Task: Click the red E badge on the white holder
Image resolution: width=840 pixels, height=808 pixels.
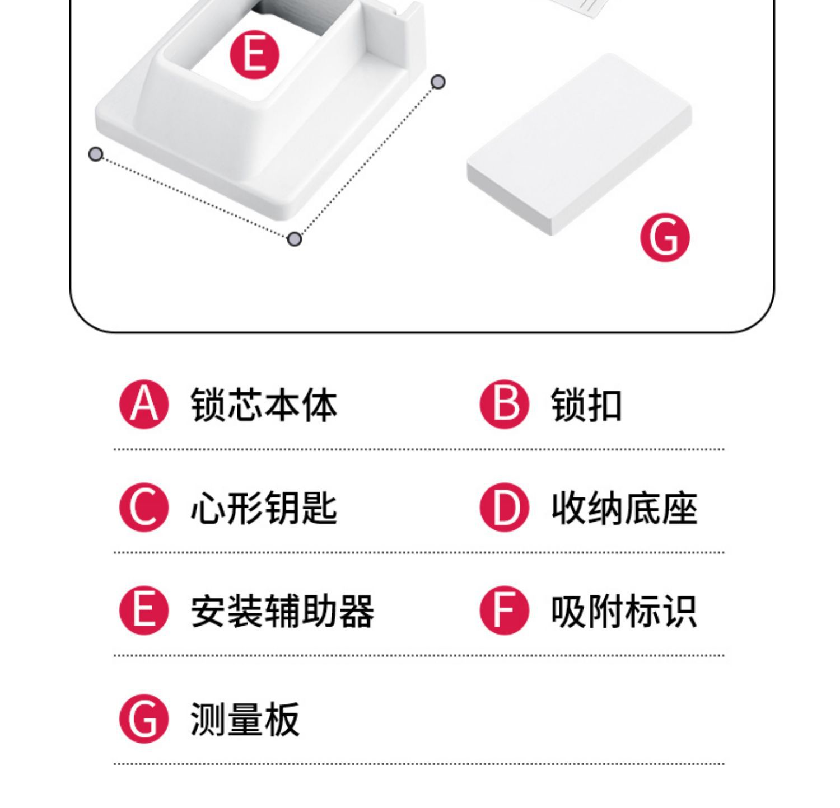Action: (254, 55)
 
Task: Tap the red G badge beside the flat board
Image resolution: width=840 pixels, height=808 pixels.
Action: (665, 237)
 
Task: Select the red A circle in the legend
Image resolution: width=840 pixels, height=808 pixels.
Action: (144, 405)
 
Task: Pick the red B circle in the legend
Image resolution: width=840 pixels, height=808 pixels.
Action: (505, 405)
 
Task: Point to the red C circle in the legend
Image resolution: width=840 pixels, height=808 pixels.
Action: (144, 508)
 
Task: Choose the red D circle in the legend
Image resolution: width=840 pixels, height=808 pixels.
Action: (505, 508)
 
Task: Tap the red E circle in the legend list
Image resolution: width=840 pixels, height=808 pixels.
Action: (144, 610)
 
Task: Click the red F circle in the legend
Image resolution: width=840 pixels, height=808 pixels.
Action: (505, 610)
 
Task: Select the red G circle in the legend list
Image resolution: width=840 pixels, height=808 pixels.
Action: (144, 719)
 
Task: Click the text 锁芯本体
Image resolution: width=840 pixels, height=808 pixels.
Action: (264, 405)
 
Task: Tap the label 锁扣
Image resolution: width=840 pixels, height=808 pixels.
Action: (586, 405)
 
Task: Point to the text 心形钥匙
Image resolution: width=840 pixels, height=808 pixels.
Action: (264, 508)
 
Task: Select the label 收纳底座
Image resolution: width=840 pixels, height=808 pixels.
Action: (624, 508)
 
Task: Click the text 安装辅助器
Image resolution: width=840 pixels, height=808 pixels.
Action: (282, 611)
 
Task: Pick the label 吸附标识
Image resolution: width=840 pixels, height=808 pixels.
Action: (624, 611)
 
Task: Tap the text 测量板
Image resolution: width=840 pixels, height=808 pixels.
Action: (245, 720)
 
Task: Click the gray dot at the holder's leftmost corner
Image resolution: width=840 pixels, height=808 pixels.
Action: (96, 154)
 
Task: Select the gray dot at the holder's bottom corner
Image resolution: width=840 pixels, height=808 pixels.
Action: (295, 239)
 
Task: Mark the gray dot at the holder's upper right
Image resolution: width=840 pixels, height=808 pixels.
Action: (438, 82)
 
